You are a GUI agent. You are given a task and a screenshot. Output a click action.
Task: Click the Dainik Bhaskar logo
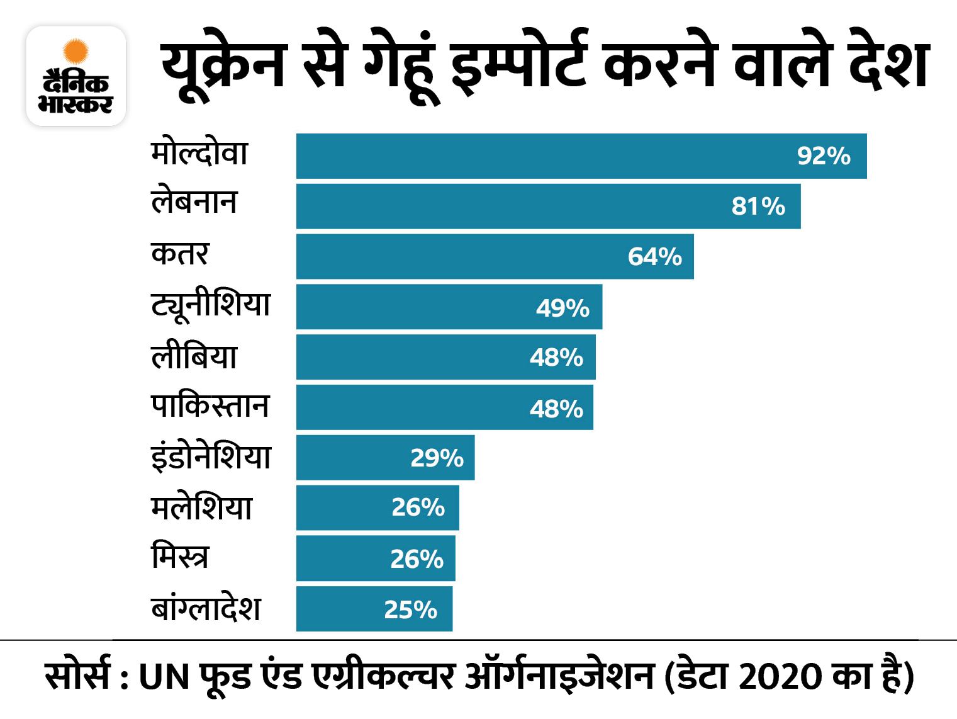coord(76,76)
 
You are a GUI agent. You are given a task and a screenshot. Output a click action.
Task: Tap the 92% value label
coord(823,156)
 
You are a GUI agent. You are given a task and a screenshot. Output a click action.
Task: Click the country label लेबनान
coord(194,202)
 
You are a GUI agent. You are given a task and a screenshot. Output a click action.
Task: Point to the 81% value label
coord(758,207)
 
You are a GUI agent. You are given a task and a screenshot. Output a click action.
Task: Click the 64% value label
coord(654,257)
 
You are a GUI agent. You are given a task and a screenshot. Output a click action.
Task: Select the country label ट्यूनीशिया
coord(211,305)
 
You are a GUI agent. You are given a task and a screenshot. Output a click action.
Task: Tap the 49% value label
coord(562,308)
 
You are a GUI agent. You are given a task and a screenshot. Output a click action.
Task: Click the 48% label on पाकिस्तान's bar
coord(556,409)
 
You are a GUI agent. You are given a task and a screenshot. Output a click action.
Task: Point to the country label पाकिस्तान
coord(210,406)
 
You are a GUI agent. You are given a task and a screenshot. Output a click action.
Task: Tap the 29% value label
coord(437,458)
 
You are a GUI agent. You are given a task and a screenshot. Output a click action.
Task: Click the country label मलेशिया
coord(201,507)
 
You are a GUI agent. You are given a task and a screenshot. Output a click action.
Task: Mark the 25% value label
coord(410,609)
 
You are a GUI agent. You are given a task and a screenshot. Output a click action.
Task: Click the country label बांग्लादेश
coord(206,608)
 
